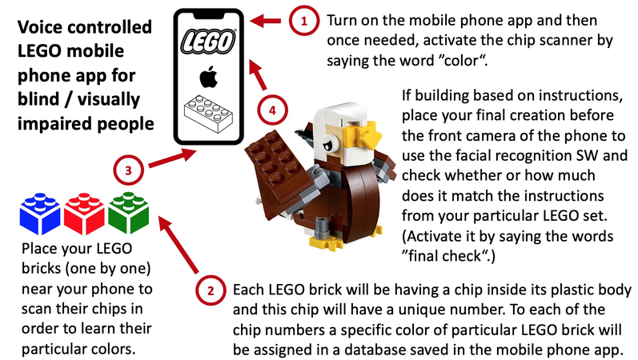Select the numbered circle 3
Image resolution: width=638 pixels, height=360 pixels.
[x=128, y=170]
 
